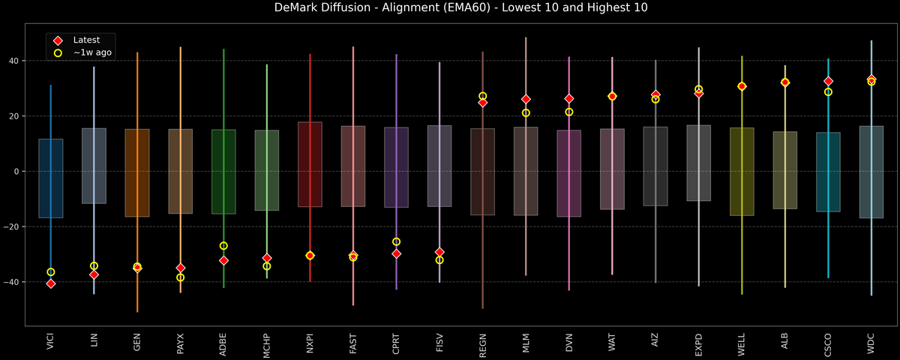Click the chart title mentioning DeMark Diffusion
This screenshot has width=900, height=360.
tap(450, 8)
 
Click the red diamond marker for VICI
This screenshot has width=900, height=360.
tap(51, 283)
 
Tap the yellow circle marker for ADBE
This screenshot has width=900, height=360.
tap(223, 246)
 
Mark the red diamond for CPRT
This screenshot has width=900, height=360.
tap(396, 254)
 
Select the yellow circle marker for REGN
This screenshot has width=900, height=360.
tap(482, 96)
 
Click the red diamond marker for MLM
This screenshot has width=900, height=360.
tap(526, 99)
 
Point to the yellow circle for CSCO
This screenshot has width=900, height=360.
tap(828, 92)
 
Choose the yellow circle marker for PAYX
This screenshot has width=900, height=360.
tap(180, 277)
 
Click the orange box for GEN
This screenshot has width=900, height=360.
tap(137, 172)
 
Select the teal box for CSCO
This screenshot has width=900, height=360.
tap(828, 172)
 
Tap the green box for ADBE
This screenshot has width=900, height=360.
tap(223, 172)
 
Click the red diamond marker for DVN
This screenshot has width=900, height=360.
tap(568, 98)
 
